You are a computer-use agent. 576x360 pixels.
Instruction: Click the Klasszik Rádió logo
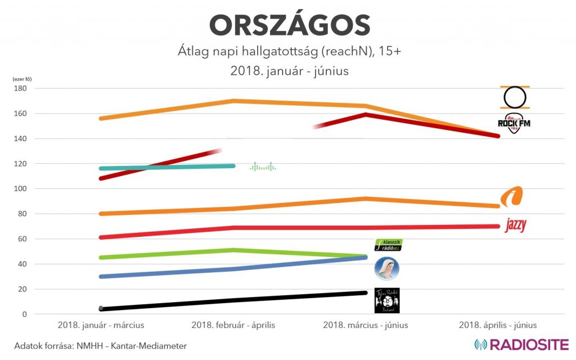pyautogui.click(x=388, y=245)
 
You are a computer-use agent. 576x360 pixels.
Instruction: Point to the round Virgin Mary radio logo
pyautogui.click(x=387, y=269)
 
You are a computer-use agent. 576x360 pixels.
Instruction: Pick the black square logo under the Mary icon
pyautogui.click(x=387, y=300)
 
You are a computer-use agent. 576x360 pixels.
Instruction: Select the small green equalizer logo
pyautogui.click(x=263, y=166)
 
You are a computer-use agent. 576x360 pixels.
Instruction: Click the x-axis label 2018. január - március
pyautogui.click(x=101, y=325)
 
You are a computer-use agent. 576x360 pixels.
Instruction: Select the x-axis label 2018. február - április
pyautogui.click(x=233, y=325)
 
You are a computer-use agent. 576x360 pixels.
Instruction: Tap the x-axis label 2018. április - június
pyautogui.click(x=498, y=325)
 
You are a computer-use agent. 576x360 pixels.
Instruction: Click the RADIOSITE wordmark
pyautogui.click(x=521, y=344)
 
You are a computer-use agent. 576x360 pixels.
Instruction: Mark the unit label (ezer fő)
pyautogui.click(x=22, y=79)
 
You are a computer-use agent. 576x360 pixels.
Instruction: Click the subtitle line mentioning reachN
pyautogui.click(x=287, y=52)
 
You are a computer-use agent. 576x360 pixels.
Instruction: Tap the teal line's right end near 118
pyautogui.click(x=233, y=166)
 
